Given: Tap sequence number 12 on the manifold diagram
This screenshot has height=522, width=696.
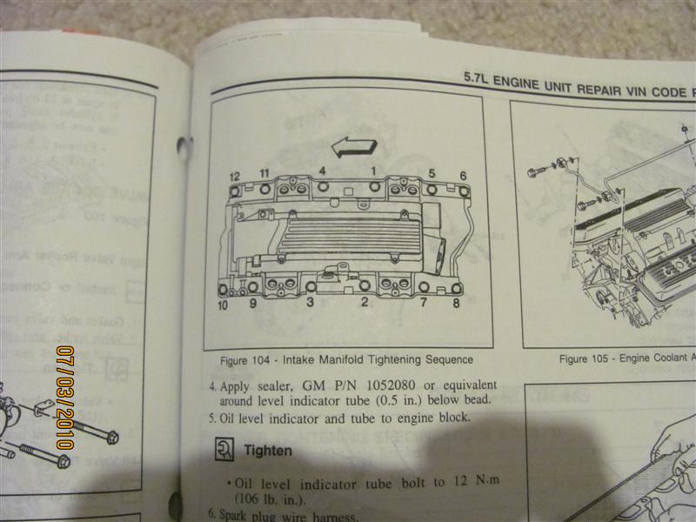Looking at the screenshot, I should click(234, 176).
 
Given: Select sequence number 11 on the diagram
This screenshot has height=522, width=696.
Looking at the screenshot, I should click(264, 173).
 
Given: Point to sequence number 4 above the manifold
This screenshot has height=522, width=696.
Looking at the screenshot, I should click(322, 171).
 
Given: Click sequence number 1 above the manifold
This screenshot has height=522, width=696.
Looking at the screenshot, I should click(374, 171).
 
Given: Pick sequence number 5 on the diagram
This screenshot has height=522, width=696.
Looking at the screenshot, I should click(432, 172).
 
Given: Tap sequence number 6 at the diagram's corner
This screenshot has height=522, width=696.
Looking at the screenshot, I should click(463, 174).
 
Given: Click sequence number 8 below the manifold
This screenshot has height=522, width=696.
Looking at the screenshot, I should click(456, 304).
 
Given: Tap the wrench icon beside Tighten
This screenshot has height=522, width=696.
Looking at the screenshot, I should click(223, 451).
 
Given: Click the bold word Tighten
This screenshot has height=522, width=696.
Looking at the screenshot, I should click(268, 452).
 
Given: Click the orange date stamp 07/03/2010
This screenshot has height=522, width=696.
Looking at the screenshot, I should click(64, 397).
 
